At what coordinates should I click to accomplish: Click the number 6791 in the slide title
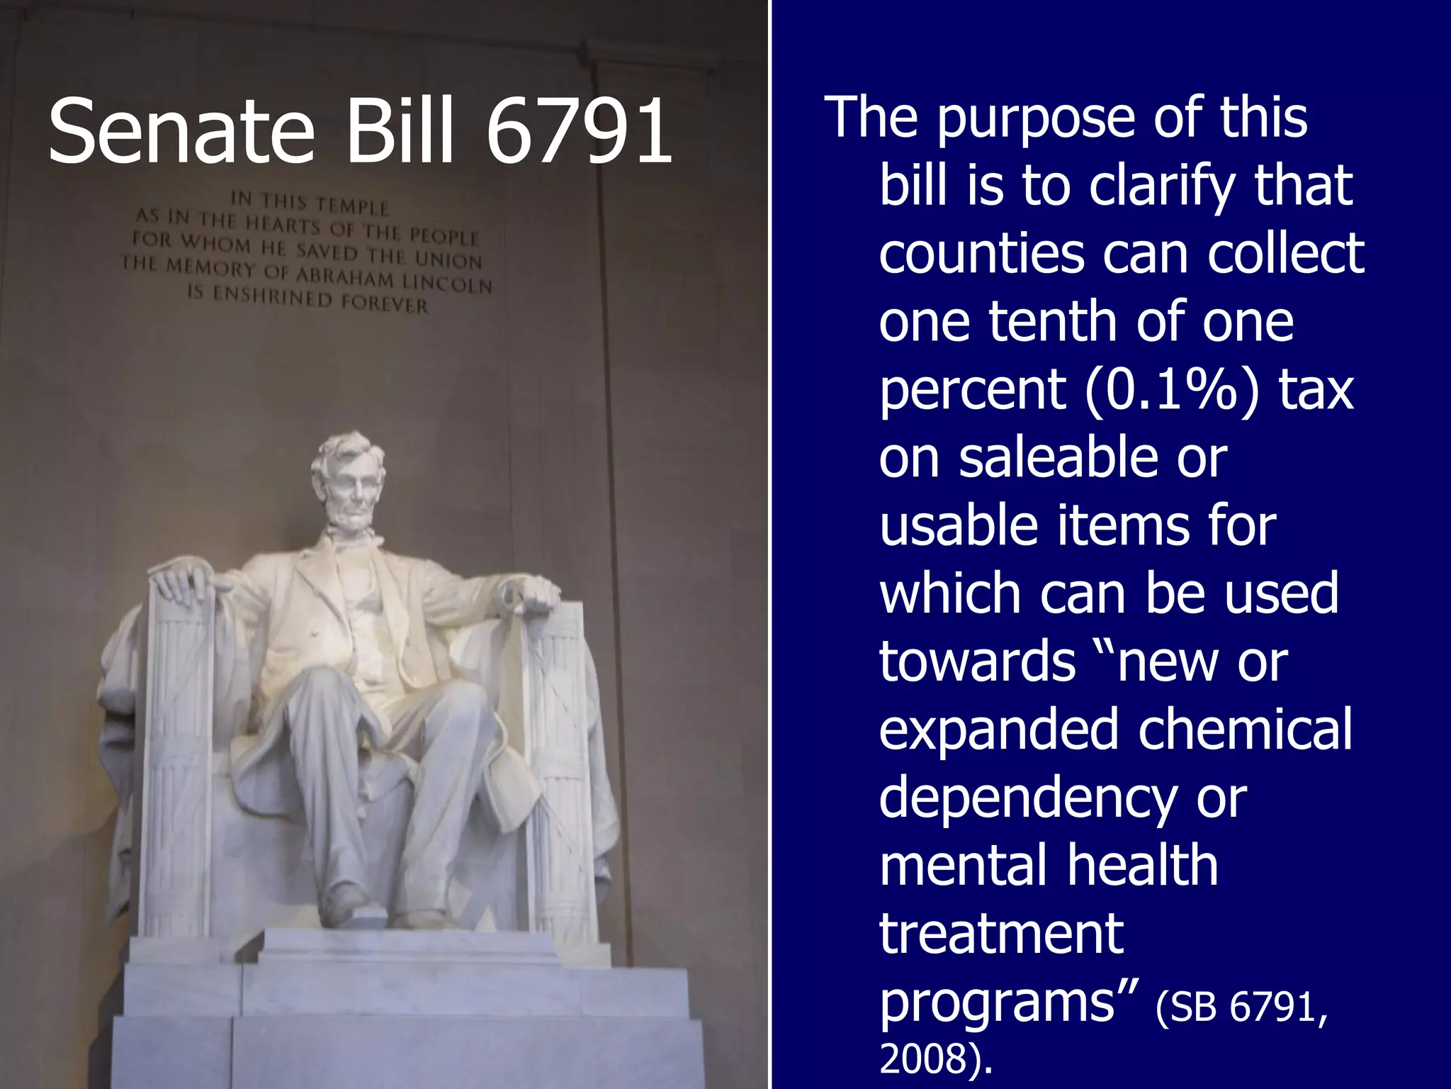click(580, 132)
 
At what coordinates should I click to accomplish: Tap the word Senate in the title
click(181, 132)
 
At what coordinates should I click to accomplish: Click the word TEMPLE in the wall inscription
click(352, 206)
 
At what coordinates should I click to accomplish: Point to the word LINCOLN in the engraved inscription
click(447, 284)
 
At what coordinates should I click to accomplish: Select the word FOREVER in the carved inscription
click(385, 304)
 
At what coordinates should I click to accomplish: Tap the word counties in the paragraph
click(981, 253)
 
